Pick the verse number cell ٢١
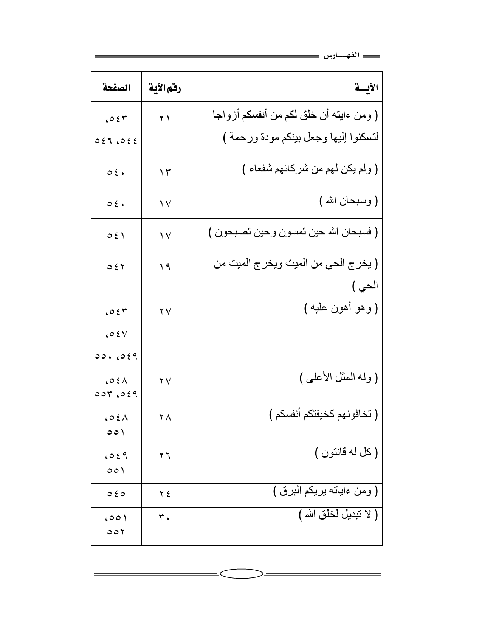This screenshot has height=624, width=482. click(x=164, y=119)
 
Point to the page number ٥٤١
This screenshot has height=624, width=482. click(x=116, y=235)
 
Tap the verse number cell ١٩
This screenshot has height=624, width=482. click(x=164, y=267)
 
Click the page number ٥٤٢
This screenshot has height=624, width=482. click(x=116, y=267)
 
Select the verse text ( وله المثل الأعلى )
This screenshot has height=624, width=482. click(x=339, y=378)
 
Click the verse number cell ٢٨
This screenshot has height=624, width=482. click(x=164, y=418)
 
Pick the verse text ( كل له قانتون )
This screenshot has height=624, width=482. click(x=346, y=452)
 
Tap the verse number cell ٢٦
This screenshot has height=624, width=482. click(x=164, y=456)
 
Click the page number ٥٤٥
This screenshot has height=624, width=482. click(x=116, y=494)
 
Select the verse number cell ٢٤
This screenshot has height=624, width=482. click(x=164, y=494)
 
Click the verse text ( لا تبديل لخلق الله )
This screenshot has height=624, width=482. click(x=338, y=515)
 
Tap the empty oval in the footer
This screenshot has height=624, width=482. click(x=241, y=574)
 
